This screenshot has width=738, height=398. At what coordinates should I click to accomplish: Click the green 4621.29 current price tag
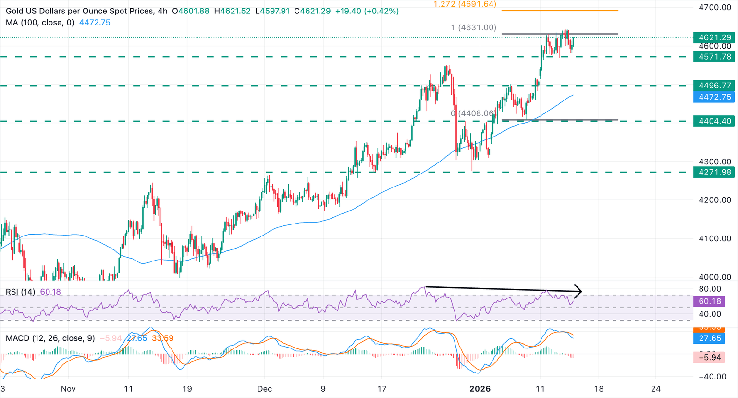[714, 37]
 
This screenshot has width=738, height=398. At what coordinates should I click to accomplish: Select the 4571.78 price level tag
[714, 57]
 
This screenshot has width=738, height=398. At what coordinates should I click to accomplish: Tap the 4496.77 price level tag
[714, 86]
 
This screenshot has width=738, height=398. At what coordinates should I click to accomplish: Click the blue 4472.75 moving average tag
[714, 97]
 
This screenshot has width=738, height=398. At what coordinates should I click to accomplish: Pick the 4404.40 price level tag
[714, 121]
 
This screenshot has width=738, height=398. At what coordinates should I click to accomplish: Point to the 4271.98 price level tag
[714, 172]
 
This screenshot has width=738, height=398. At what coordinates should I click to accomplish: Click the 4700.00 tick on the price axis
[715, 8]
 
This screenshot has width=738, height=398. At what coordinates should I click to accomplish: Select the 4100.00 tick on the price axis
[715, 238]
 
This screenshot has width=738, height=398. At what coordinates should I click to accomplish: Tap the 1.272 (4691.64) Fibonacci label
[465, 4]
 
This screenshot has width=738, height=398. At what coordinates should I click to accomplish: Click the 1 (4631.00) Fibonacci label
[473, 28]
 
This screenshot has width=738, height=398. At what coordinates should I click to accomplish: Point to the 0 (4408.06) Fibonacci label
[473, 113]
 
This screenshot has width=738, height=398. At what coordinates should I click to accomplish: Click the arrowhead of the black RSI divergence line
[579, 291]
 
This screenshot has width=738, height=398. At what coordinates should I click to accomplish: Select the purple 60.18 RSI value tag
[710, 301]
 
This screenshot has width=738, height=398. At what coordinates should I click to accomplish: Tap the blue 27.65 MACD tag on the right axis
[710, 338]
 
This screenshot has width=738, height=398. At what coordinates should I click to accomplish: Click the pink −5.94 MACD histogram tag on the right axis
[710, 357]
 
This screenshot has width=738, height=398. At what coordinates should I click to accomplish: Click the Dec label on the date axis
[264, 389]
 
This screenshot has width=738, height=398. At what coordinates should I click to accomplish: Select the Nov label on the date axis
[69, 389]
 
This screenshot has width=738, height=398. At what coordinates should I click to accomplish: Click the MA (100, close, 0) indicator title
[40, 23]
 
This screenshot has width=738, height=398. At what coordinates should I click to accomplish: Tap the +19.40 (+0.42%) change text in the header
[367, 11]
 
